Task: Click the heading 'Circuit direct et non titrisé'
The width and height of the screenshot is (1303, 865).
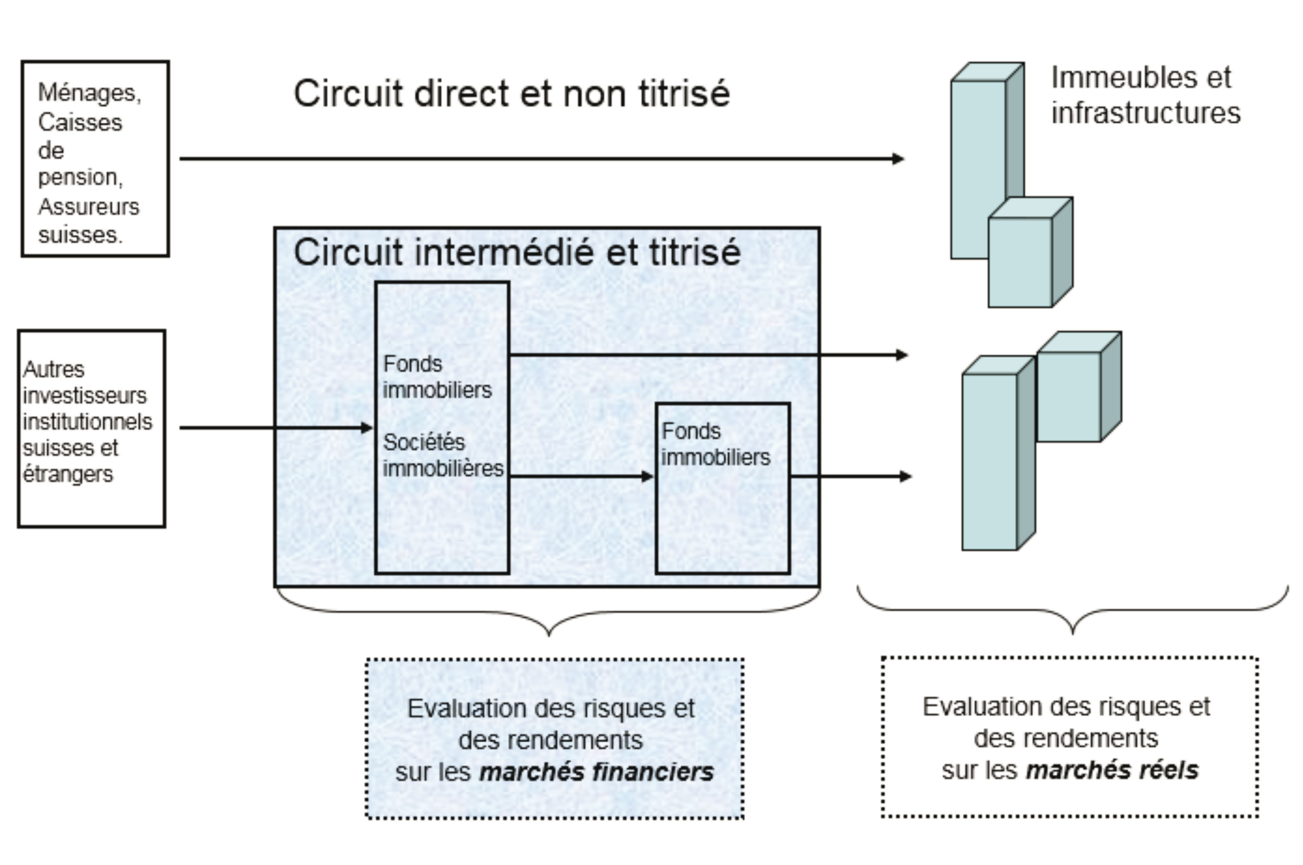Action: (512, 93)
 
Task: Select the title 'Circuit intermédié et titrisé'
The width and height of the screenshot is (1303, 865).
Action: (517, 252)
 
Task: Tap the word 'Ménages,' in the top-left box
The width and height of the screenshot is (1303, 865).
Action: (89, 93)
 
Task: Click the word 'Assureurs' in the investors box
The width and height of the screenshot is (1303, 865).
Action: (89, 207)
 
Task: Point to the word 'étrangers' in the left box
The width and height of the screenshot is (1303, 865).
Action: (68, 474)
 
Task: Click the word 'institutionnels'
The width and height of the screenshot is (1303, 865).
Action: (87, 422)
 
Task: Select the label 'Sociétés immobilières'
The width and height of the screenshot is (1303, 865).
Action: (443, 455)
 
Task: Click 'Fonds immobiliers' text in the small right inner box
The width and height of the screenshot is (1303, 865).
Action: (715, 444)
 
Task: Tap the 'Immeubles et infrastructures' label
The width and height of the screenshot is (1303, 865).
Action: (1145, 95)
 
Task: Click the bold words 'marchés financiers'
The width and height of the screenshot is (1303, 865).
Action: (596, 771)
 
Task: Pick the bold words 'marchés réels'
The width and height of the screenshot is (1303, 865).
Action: (1112, 770)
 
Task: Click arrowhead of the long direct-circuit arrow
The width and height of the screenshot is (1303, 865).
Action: (898, 159)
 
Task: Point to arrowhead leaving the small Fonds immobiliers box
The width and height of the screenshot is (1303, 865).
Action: (905, 476)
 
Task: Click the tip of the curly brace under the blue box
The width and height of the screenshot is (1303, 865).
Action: (548, 634)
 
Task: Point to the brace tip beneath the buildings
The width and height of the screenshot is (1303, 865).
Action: (1072, 632)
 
